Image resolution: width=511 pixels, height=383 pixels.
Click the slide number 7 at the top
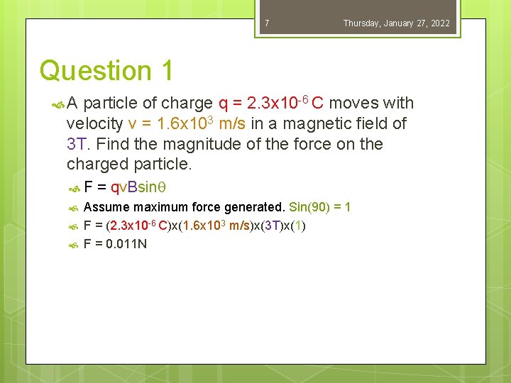[x=267, y=23]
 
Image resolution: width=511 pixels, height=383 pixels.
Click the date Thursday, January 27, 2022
[x=396, y=23]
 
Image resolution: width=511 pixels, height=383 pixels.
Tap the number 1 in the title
[x=167, y=71]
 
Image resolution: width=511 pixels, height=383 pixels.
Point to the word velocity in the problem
[x=95, y=124]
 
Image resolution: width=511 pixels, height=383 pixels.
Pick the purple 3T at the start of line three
[x=76, y=145]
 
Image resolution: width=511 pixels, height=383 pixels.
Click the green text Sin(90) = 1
[x=319, y=207]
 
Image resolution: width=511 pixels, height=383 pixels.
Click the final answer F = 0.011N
[x=115, y=245]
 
